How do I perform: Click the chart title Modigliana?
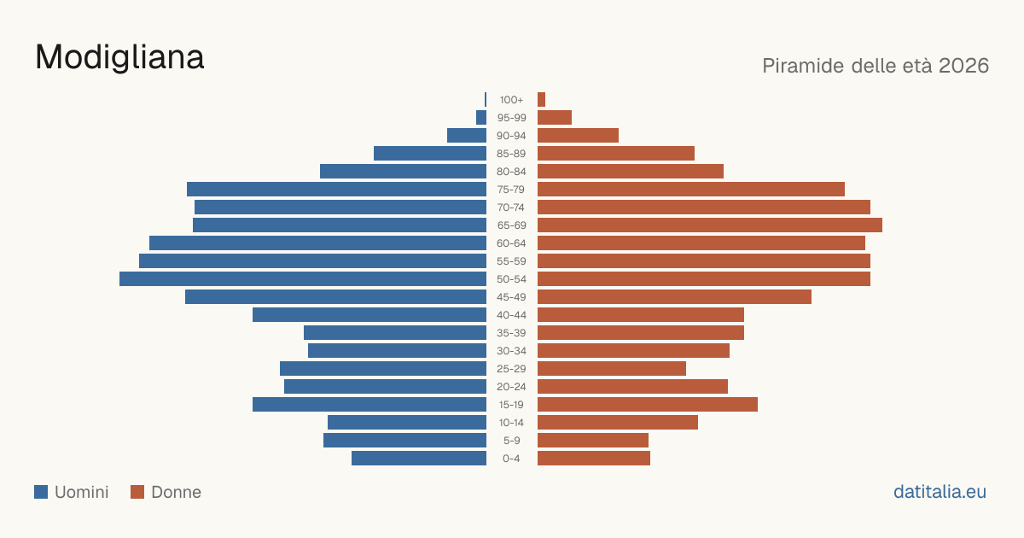point(119,58)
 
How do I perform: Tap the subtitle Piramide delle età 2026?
point(876,66)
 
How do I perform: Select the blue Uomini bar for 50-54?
point(303,279)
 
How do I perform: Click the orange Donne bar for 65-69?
point(710,225)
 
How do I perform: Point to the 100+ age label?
point(511,100)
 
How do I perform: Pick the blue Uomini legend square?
point(41,492)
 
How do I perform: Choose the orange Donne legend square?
point(137,492)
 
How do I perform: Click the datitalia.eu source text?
point(940,492)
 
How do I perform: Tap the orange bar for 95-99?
point(555,118)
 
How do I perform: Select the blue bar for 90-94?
point(467,136)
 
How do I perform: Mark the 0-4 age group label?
point(511,459)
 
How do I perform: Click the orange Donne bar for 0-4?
point(594,459)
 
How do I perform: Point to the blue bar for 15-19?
point(369,405)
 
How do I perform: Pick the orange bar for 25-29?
point(612,369)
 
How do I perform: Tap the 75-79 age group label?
point(511,190)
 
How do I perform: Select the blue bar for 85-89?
point(430,153)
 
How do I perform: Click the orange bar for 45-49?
point(674,297)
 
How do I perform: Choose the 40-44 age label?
point(511,315)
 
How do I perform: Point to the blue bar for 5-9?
point(404,441)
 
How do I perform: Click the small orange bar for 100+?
point(541,100)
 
